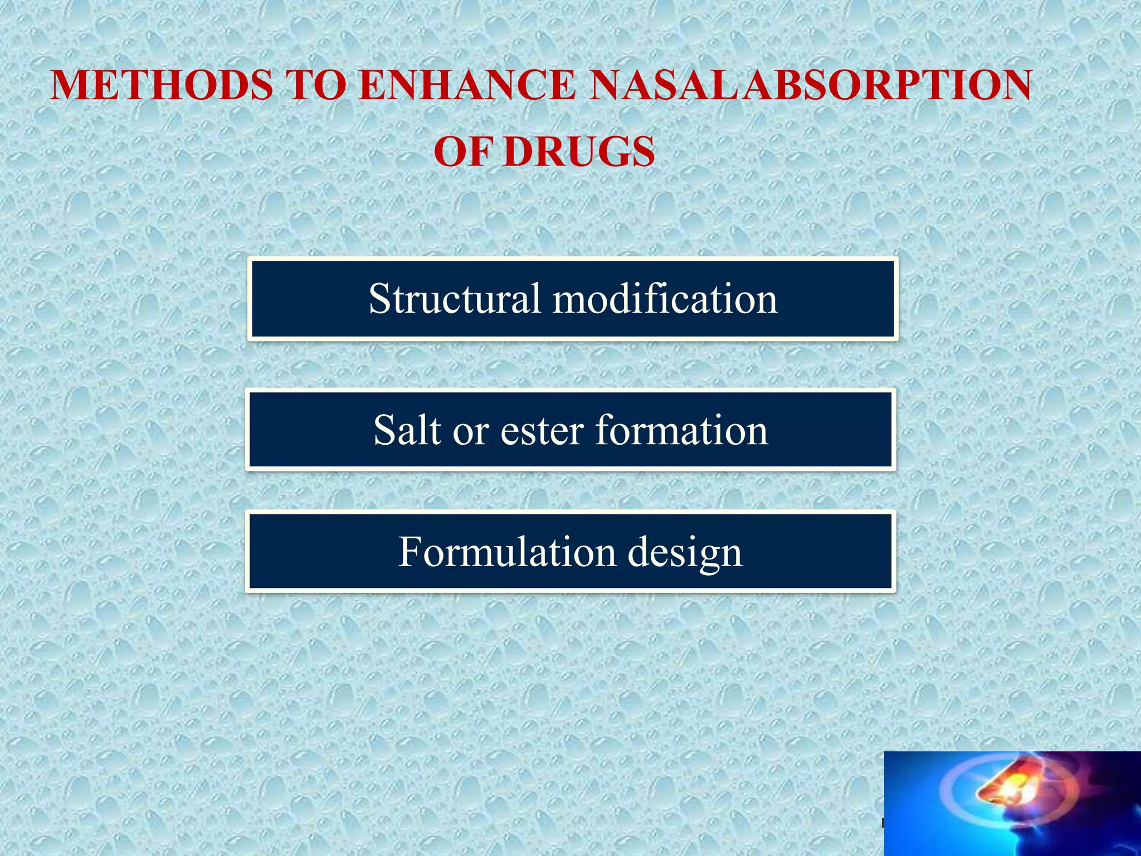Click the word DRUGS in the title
[579, 152]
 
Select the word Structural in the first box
[454, 299]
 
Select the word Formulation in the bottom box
[506, 552]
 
